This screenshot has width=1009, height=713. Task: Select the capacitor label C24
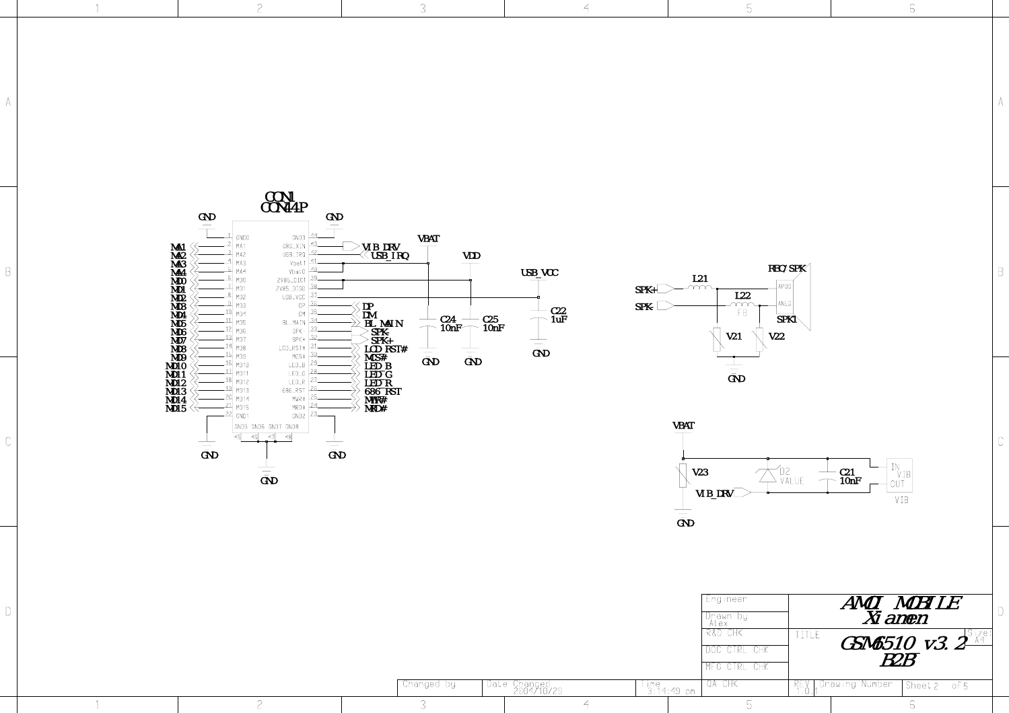tap(448, 320)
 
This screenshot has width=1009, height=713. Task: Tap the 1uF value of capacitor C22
tap(559, 320)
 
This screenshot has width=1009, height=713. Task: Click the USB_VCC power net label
tap(539, 272)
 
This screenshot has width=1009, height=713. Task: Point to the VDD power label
tap(471, 256)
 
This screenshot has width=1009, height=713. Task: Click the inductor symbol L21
tap(700, 288)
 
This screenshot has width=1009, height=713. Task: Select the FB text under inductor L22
tap(742, 313)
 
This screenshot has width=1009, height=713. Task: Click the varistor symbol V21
tap(718, 338)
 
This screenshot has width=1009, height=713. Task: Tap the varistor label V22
tap(776, 336)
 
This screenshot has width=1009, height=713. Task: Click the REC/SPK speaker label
tap(787, 268)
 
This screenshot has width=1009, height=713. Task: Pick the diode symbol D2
tap(768, 476)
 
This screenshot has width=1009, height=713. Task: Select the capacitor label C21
tap(847, 472)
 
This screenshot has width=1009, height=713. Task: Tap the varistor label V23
tap(700, 472)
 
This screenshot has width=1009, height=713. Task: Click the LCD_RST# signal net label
tap(386, 349)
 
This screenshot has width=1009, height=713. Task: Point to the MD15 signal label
tap(176, 408)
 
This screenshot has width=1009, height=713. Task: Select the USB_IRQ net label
tap(390, 256)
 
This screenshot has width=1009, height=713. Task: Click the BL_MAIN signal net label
tap(384, 324)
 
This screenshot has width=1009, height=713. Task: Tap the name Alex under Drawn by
tap(718, 624)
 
